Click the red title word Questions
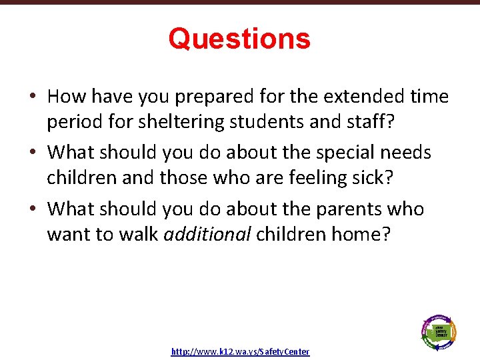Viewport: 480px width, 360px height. coord(239,39)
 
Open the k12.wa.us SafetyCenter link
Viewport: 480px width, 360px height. coord(240,351)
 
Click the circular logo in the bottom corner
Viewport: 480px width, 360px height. coord(438,331)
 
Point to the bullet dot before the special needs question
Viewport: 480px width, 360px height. coord(33,153)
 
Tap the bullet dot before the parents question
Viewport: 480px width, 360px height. coord(33,210)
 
